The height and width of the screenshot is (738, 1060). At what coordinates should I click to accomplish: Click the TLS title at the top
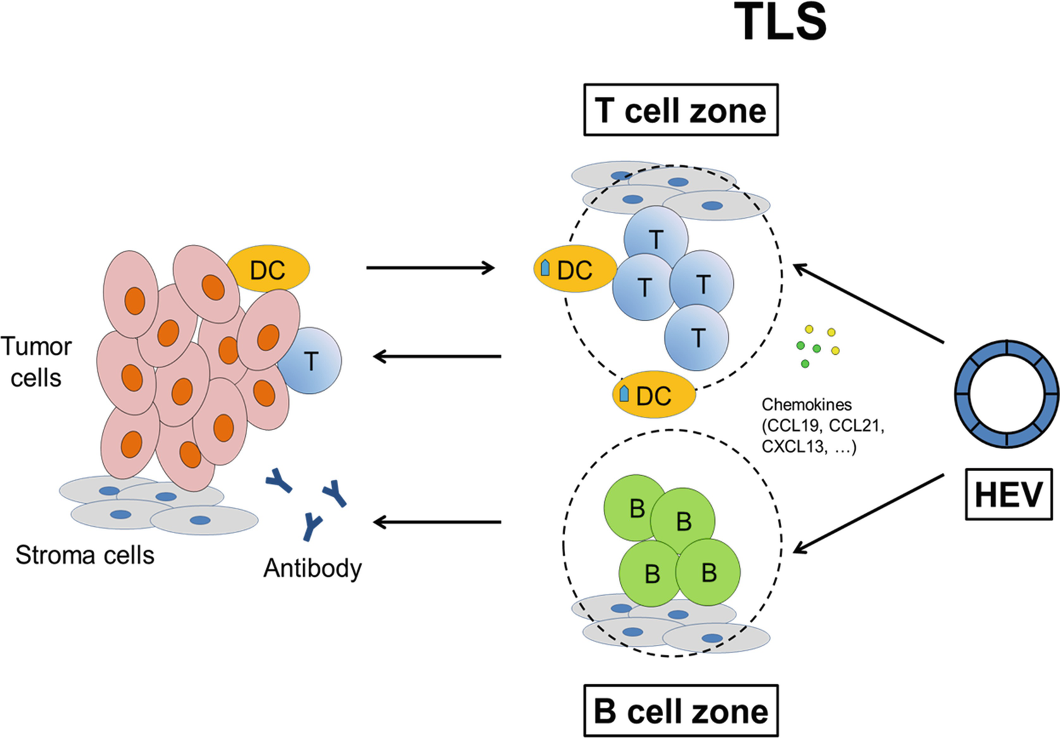coord(783,22)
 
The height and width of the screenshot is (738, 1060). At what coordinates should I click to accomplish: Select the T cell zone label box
coord(681,111)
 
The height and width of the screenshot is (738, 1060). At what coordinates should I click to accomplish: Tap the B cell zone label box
coord(681,711)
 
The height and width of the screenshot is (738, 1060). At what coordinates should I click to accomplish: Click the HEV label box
coord(1008,495)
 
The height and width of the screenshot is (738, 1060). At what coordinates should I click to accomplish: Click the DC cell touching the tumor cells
coord(269,270)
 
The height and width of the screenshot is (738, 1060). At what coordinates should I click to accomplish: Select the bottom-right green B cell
coord(709,573)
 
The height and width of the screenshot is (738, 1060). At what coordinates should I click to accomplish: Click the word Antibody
coord(312,568)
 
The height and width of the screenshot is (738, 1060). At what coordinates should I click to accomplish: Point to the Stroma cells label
coord(85,555)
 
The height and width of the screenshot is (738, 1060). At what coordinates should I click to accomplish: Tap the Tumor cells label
coord(36,362)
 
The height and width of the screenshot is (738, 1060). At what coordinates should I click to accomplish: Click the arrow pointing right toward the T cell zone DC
coord(430,268)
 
